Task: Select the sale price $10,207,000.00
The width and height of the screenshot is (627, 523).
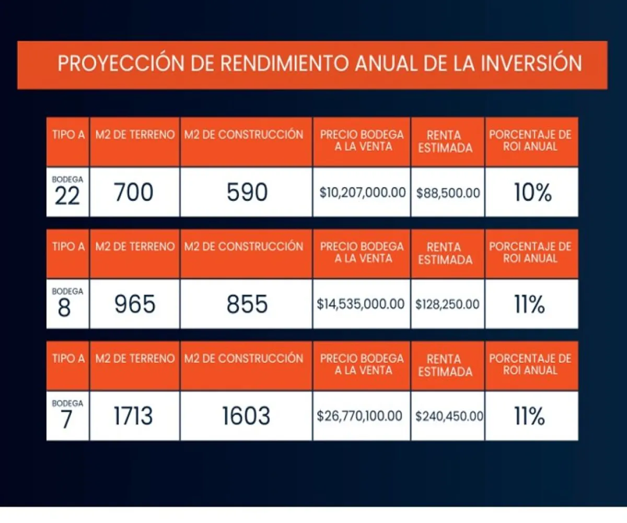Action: pyautogui.click(x=362, y=192)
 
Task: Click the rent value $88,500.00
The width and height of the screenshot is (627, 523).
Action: pyautogui.click(x=448, y=192)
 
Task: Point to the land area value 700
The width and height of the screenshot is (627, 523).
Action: pyautogui.click(x=134, y=192)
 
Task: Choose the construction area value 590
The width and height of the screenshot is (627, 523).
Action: pyautogui.click(x=247, y=192)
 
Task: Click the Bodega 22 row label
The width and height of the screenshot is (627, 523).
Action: pyautogui.click(x=67, y=192)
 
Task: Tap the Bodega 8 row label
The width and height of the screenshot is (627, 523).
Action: pyautogui.click(x=67, y=303)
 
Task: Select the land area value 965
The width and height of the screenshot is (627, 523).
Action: pyautogui.click(x=134, y=304)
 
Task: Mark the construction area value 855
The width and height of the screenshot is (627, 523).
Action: pyautogui.click(x=247, y=304)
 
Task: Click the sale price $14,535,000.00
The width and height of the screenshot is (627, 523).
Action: pyautogui.click(x=361, y=304)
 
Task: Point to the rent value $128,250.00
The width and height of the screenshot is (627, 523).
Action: pyautogui.click(x=448, y=304)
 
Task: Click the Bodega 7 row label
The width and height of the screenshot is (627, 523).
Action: pyautogui.click(x=67, y=415)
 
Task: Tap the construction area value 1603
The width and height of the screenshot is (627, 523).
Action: pyautogui.click(x=247, y=416)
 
